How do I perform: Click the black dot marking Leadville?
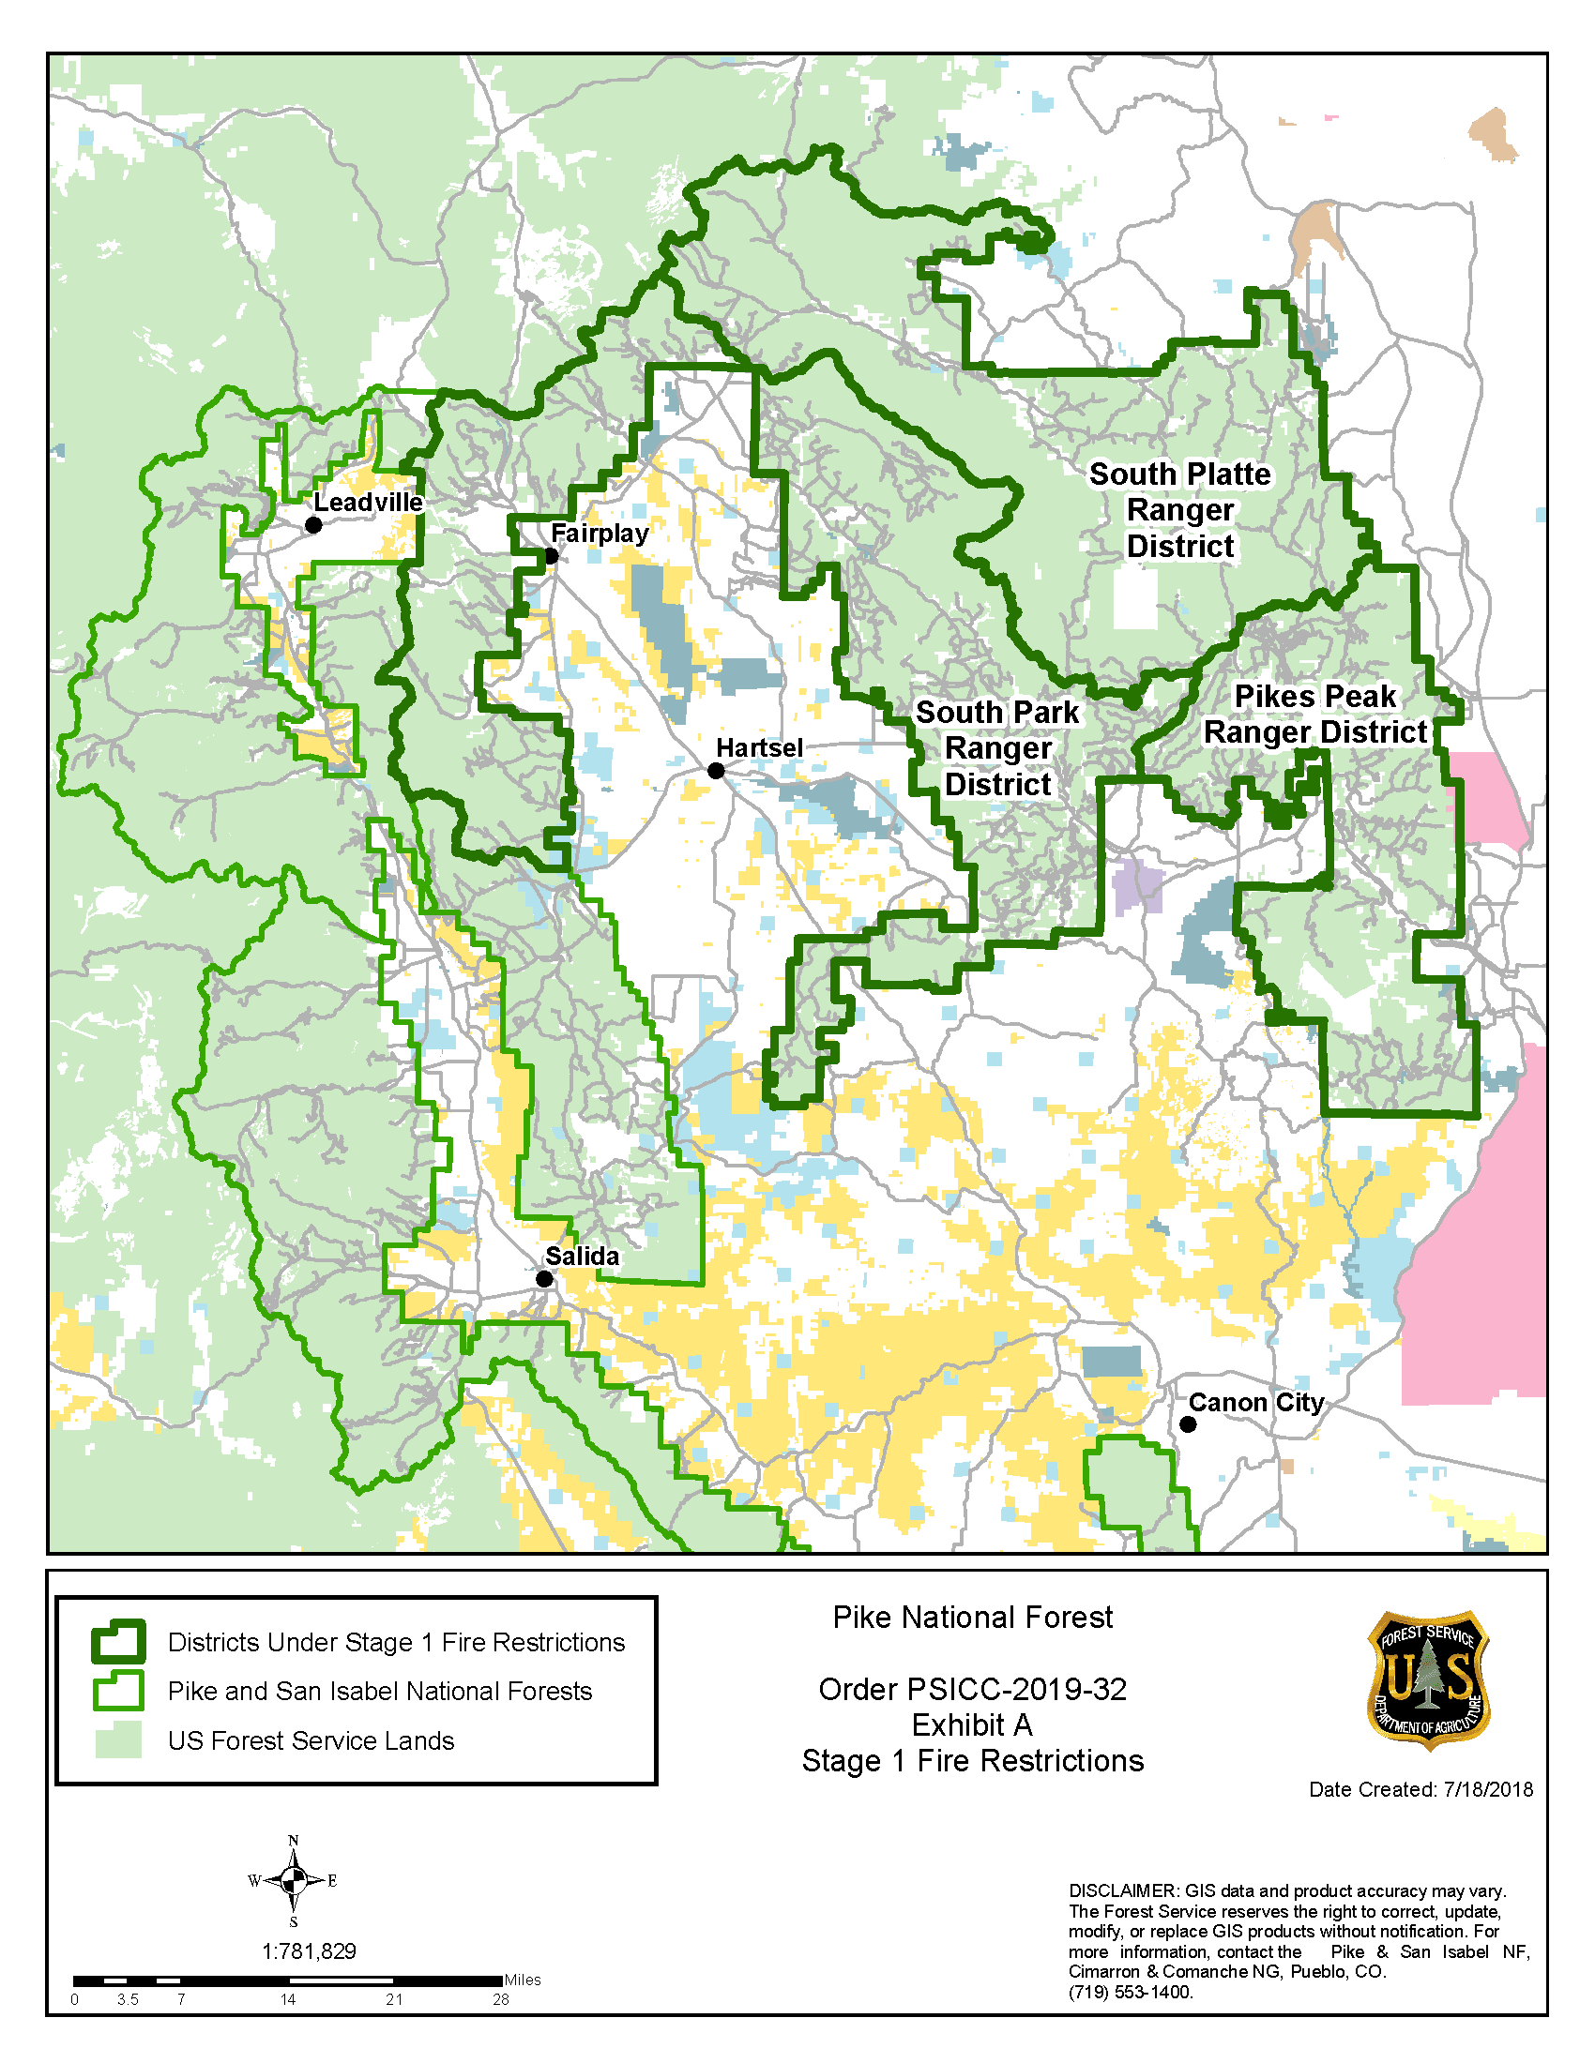coord(313,524)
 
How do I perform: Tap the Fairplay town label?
coord(600,533)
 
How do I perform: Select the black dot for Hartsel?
coord(716,771)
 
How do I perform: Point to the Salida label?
coord(582,1256)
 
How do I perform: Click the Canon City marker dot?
coord(1188,1424)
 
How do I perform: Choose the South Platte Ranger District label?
coord(1179,509)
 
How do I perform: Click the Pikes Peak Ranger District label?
coord(1314,715)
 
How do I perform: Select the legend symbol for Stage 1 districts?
coord(118,1642)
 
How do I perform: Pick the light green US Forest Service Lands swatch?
coord(118,1739)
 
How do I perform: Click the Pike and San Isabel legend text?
coord(379,1691)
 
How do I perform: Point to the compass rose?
coord(293,1880)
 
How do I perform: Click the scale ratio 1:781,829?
coord(308,1951)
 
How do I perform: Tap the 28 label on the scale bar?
coord(501,2000)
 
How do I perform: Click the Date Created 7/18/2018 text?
coord(1420,1789)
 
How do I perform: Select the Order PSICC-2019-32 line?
coord(972,1689)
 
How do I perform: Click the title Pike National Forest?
coord(972,1618)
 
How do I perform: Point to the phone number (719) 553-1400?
coord(1131,1992)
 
